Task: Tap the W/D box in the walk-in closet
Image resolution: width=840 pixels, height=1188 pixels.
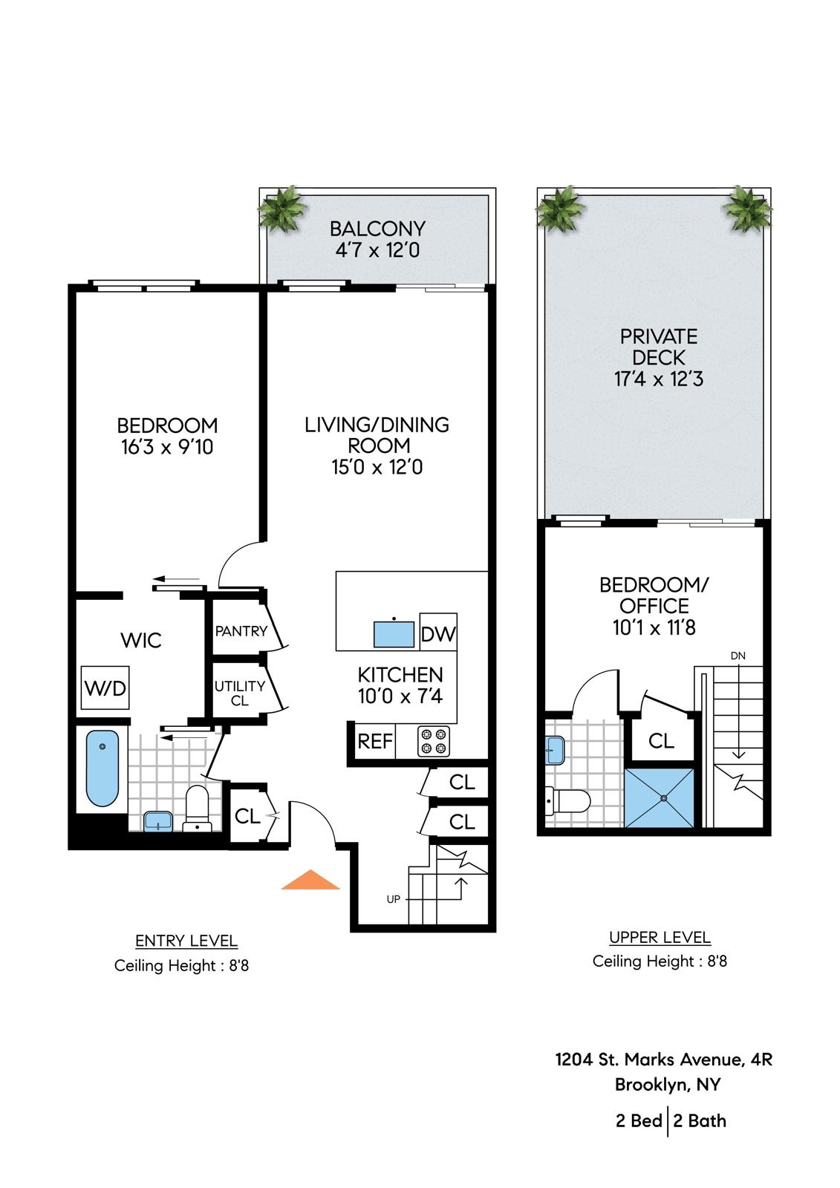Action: click(x=105, y=688)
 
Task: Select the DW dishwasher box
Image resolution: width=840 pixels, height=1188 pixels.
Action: click(x=438, y=632)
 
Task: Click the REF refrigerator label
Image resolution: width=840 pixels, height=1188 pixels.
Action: click(x=375, y=742)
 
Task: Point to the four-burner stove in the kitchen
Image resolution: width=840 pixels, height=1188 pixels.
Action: click(x=434, y=741)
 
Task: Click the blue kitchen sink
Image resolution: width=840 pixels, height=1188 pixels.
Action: click(x=394, y=634)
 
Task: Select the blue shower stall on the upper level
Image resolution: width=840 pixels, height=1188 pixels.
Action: click(x=660, y=797)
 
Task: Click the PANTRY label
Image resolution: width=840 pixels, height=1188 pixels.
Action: click(x=241, y=631)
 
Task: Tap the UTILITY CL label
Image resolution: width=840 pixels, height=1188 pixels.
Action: click(x=240, y=693)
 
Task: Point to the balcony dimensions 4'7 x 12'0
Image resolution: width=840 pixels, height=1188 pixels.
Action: click(x=377, y=249)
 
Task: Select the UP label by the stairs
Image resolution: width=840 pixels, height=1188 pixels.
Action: click(x=393, y=898)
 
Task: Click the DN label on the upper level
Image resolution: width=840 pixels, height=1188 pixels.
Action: click(x=738, y=656)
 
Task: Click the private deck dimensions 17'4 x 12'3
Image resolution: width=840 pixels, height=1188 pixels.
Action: click(x=659, y=379)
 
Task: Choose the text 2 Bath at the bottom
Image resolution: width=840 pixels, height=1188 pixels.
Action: click(x=700, y=1121)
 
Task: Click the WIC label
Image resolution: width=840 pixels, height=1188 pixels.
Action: click(x=141, y=640)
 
